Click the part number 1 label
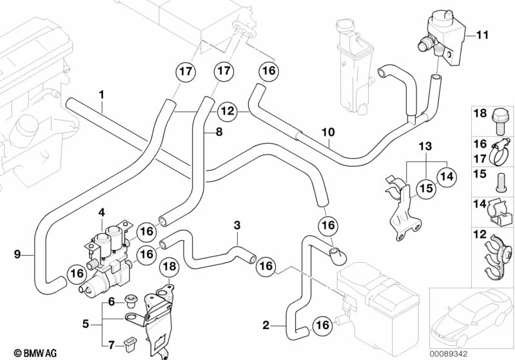(x=101, y=95)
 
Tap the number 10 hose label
(x=328, y=133)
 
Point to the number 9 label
(x=17, y=254)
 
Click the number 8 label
(x=219, y=133)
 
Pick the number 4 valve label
(x=101, y=212)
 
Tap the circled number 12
(x=227, y=110)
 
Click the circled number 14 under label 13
(x=446, y=173)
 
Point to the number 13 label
(x=423, y=147)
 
